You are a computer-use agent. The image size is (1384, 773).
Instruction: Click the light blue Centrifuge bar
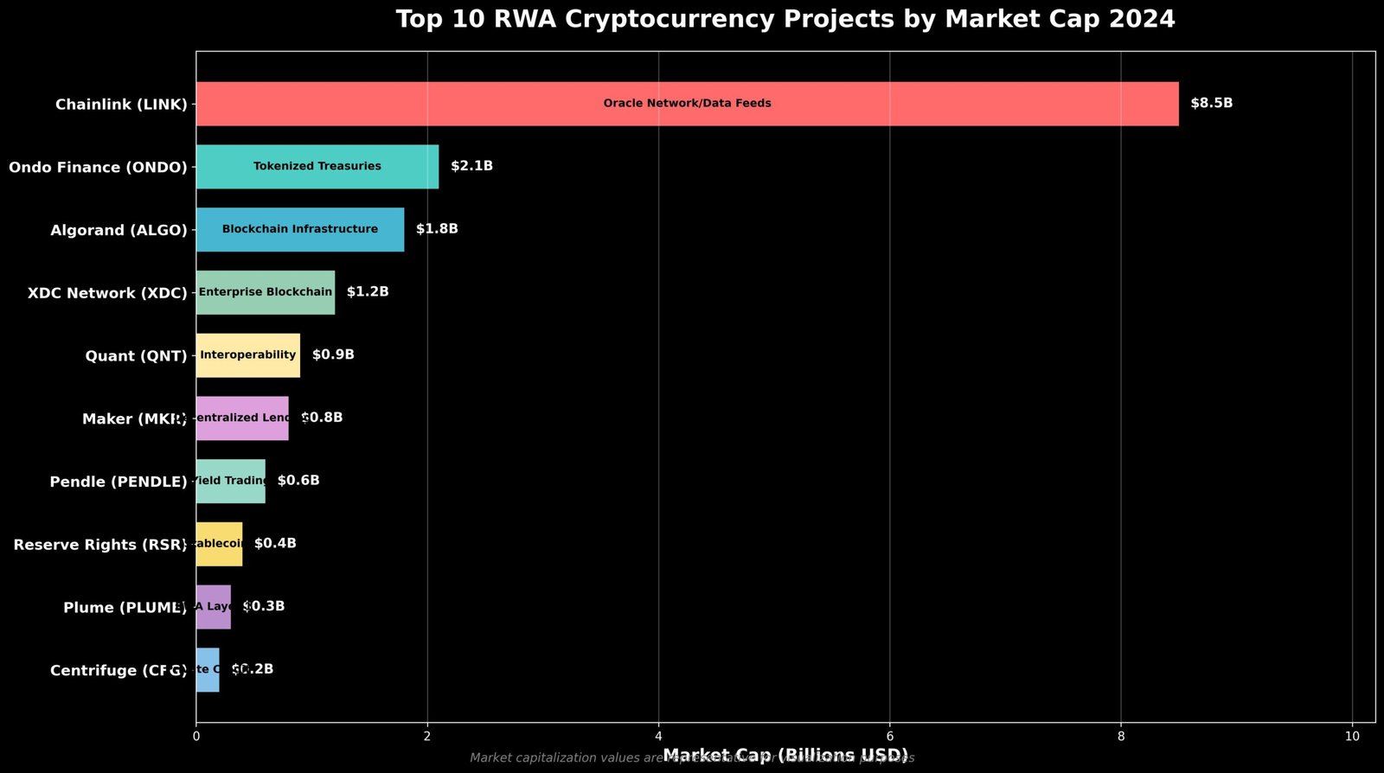point(208,670)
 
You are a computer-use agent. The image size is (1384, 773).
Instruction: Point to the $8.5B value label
point(1211,104)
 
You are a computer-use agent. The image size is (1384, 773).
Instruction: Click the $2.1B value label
point(471,166)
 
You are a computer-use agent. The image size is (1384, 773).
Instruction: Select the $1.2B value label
point(368,292)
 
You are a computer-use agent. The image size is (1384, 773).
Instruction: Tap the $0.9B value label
point(333,355)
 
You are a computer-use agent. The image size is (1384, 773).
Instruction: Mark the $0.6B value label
point(298,481)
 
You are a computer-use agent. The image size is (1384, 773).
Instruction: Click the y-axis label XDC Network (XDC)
point(107,293)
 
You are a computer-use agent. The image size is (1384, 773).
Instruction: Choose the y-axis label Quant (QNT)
point(136,356)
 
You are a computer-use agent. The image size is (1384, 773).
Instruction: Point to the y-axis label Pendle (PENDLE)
point(119,482)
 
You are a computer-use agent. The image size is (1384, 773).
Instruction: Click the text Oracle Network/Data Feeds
point(687,104)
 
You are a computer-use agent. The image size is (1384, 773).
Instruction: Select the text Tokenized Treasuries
point(317,167)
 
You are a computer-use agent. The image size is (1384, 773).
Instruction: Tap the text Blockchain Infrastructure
point(299,229)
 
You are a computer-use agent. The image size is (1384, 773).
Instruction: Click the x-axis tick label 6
point(889,736)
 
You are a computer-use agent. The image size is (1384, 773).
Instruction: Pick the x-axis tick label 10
point(1351,736)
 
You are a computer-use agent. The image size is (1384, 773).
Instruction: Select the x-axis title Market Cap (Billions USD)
point(785,755)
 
